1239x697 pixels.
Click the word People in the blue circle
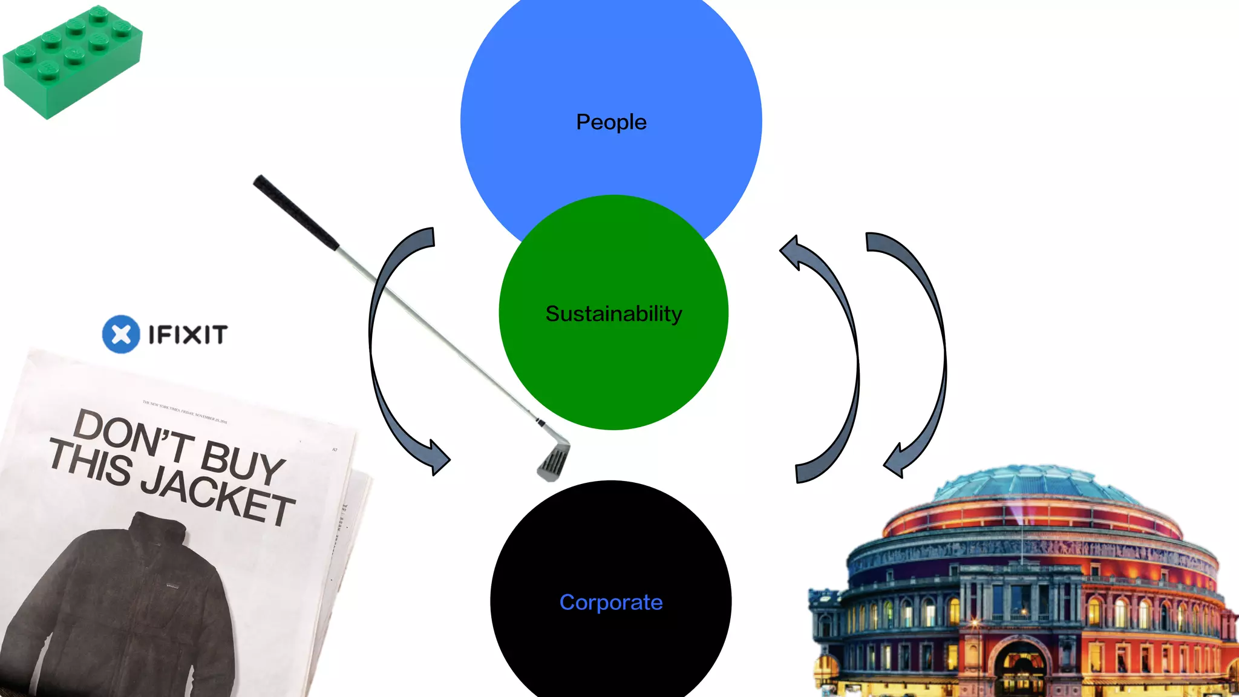(611, 122)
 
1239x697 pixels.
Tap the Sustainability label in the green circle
(613, 314)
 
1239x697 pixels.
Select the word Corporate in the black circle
(611, 603)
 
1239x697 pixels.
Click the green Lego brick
(73, 61)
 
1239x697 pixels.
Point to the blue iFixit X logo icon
(121, 334)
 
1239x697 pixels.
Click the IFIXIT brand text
(188, 335)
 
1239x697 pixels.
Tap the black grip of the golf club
(295, 212)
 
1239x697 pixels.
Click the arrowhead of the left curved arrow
(438, 457)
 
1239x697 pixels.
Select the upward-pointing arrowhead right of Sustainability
(793, 251)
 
